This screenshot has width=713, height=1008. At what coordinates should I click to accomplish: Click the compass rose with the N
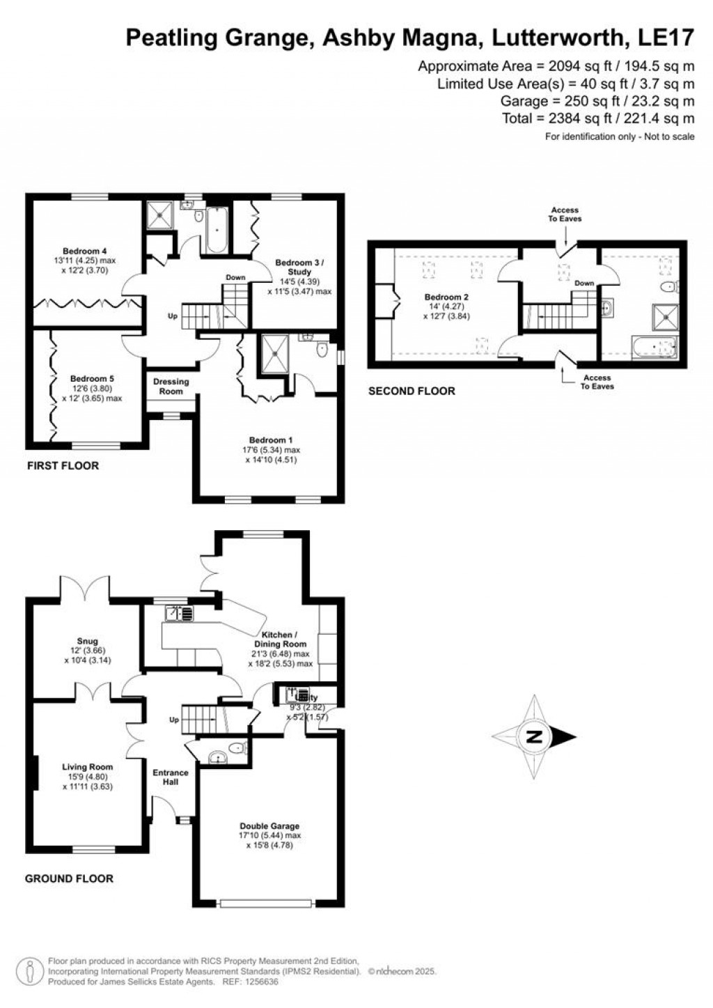(534, 737)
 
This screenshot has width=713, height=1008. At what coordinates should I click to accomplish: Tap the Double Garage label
(270, 827)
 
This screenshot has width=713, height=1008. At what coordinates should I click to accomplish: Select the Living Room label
(87, 767)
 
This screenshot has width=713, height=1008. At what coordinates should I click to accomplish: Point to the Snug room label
(88, 641)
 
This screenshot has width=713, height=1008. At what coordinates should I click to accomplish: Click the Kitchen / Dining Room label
(280, 639)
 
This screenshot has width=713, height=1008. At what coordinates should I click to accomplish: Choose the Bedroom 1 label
(267, 440)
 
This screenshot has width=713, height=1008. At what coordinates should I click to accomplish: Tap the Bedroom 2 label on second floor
(447, 297)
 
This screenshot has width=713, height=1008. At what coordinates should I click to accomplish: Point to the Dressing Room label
(171, 386)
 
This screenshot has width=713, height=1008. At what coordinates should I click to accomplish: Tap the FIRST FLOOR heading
(63, 465)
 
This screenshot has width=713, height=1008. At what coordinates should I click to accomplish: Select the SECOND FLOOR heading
(411, 391)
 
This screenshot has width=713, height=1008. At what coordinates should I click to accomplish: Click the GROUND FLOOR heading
(69, 878)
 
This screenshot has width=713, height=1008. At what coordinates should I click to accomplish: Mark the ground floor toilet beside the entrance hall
(237, 750)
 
